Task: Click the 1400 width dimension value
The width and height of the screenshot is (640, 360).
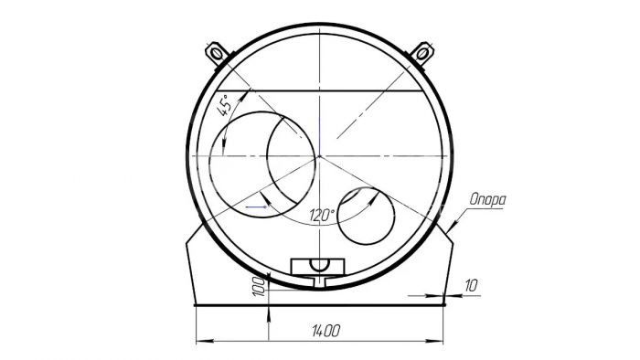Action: [x=325, y=330]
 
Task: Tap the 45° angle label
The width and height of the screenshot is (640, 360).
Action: [x=225, y=105]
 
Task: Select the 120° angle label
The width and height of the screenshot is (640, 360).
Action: [x=322, y=215]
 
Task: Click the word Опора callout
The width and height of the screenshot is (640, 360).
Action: [x=487, y=199]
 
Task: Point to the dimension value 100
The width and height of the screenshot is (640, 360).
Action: [x=259, y=286]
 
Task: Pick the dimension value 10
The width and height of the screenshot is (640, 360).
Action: [x=471, y=285]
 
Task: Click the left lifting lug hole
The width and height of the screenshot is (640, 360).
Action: [x=217, y=53]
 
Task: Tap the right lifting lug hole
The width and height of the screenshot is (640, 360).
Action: [x=422, y=53]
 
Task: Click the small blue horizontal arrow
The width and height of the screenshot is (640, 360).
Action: [x=256, y=206]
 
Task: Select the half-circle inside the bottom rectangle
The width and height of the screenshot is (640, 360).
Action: [x=318, y=265]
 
